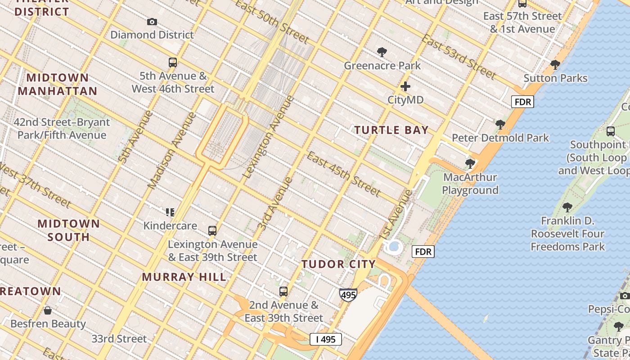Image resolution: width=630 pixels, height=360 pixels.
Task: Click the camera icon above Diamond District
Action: (152, 22)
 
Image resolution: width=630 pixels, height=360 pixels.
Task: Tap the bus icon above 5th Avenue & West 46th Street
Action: (173, 63)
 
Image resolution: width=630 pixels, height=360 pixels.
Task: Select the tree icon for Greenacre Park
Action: (382, 52)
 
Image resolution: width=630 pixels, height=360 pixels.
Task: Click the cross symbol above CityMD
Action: (405, 86)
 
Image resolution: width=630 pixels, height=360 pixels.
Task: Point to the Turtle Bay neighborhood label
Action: (391, 130)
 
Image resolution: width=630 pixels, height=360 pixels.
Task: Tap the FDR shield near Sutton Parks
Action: (522, 102)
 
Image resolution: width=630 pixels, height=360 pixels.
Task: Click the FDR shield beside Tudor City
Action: (423, 252)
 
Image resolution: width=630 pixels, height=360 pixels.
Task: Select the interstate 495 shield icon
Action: (348, 295)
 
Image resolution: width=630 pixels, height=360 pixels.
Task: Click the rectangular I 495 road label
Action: (326, 339)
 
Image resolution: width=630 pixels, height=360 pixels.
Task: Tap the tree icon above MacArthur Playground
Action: (470, 164)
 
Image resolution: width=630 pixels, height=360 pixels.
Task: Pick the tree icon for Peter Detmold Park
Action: (500, 125)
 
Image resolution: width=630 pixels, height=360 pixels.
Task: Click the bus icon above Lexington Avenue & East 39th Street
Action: (212, 231)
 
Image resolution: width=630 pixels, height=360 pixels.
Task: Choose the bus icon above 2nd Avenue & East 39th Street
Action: (283, 292)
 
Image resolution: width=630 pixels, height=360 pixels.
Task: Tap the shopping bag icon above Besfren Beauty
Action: (48, 310)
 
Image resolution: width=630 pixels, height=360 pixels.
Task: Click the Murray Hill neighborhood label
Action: (184, 277)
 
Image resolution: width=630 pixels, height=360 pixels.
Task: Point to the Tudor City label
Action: (338, 264)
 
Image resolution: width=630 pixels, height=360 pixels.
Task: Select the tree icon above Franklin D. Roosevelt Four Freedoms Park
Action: (567, 207)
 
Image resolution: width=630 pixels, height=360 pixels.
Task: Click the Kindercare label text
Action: (170, 225)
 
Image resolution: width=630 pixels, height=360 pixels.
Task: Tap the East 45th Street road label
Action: (344, 174)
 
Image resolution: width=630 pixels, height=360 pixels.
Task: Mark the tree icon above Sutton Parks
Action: (555, 65)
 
